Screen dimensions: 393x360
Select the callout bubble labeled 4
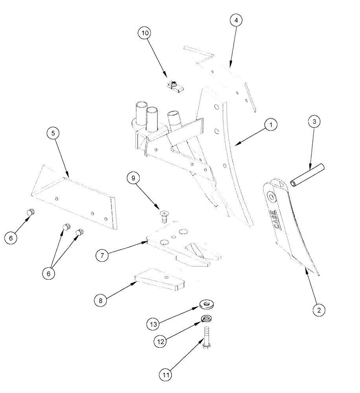coord(236,20)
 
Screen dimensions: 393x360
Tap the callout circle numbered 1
coord(270,125)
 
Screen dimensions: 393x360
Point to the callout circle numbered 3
coord(314,122)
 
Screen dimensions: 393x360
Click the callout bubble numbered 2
coord(319,310)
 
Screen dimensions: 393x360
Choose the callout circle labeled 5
coord(53,134)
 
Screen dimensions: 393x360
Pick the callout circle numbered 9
coord(134,179)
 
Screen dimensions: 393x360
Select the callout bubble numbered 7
coord(102,255)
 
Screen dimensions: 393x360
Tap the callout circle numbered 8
coord(101,301)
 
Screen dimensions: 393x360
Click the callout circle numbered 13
coord(154,324)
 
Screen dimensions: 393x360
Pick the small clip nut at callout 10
coord(173,86)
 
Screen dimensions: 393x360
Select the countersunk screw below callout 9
coord(163,215)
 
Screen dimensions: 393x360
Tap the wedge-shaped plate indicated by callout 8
coord(161,280)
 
